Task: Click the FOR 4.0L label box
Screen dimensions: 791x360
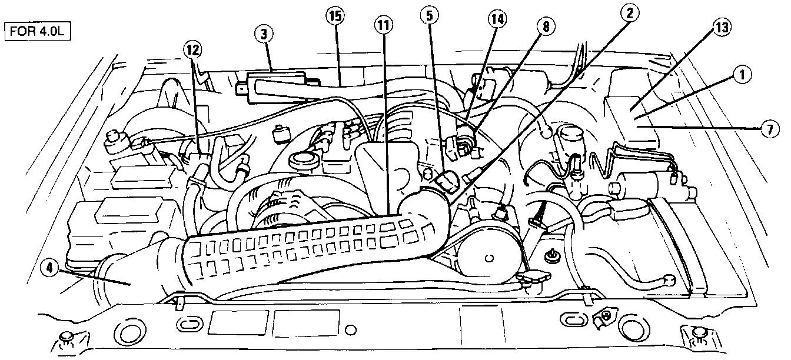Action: [x=38, y=31]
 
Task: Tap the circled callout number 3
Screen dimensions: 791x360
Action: [x=265, y=34]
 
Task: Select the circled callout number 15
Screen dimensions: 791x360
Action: [x=335, y=17]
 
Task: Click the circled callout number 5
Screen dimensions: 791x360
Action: [x=429, y=16]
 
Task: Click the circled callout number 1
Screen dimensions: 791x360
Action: [x=742, y=75]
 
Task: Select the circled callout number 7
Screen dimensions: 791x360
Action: [x=769, y=131]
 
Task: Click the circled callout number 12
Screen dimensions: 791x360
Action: [x=191, y=50]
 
